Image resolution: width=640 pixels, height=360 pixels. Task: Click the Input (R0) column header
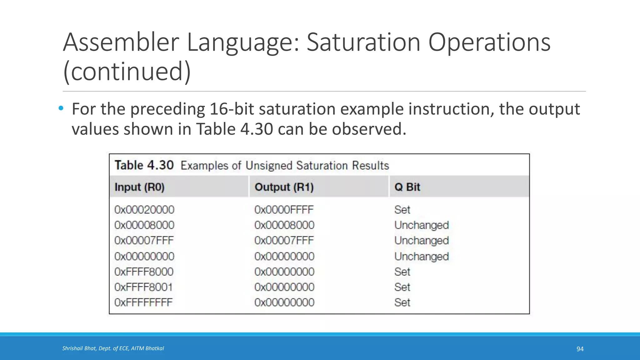point(139,187)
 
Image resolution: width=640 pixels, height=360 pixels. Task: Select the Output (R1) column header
point(284,187)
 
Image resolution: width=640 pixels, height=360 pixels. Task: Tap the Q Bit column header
point(407,187)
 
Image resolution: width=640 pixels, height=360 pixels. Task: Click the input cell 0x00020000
point(144,210)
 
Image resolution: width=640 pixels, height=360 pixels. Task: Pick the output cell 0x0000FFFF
point(284,210)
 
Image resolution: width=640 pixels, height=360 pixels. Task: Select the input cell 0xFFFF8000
point(144,272)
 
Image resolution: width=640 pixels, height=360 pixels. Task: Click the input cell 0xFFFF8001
point(143,287)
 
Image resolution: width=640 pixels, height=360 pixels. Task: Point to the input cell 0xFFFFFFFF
point(143,302)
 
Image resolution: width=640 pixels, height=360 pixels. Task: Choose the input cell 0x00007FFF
point(144,241)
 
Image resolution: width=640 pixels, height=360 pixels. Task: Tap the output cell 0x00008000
point(284,225)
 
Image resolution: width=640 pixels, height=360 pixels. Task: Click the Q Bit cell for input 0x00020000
point(402,210)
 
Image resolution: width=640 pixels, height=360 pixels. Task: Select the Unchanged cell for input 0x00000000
point(421,257)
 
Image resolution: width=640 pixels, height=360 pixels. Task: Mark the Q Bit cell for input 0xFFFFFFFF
point(402,302)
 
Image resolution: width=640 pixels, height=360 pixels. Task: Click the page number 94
point(580,349)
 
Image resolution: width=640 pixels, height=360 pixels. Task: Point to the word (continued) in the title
point(127,71)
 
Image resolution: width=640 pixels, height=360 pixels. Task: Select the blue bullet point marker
point(61,108)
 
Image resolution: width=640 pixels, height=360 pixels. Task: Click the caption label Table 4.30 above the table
point(144,165)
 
